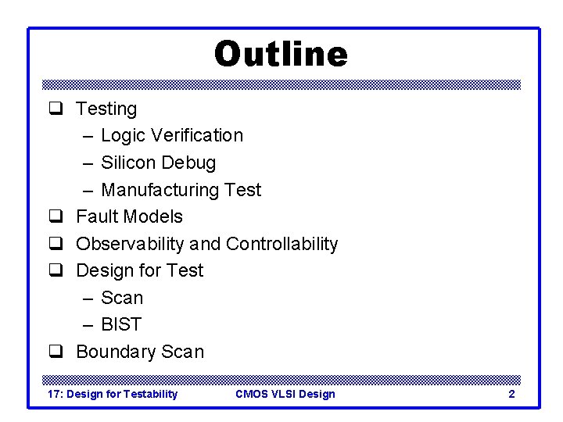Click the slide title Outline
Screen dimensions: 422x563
pyautogui.click(x=281, y=55)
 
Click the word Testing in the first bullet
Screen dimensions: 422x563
pyautogui.click(x=106, y=109)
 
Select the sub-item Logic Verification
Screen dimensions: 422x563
pyautogui.click(x=172, y=135)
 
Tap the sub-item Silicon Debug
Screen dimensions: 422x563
pyautogui.click(x=159, y=163)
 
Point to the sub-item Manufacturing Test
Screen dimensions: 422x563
pyautogui.click(x=181, y=190)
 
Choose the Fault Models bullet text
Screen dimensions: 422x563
pyautogui.click(x=129, y=216)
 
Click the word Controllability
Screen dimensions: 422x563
pyautogui.click(x=281, y=244)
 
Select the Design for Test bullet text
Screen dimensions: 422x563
pyautogui.click(x=139, y=270)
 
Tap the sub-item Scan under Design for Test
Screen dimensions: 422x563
pyautogui.click(x=123, y=298)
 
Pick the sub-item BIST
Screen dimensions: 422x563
pyautogui.click(x=121, y=324)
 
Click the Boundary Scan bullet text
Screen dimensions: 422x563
pyautogui.click(x=140, y=352)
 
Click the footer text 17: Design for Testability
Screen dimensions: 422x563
pyautogui.click(x=113, y=394)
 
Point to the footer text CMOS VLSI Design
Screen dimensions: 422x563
pyautogui.click(x=285, y=394)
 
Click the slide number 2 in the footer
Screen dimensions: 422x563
pyautogui.click(x=511, y=394)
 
